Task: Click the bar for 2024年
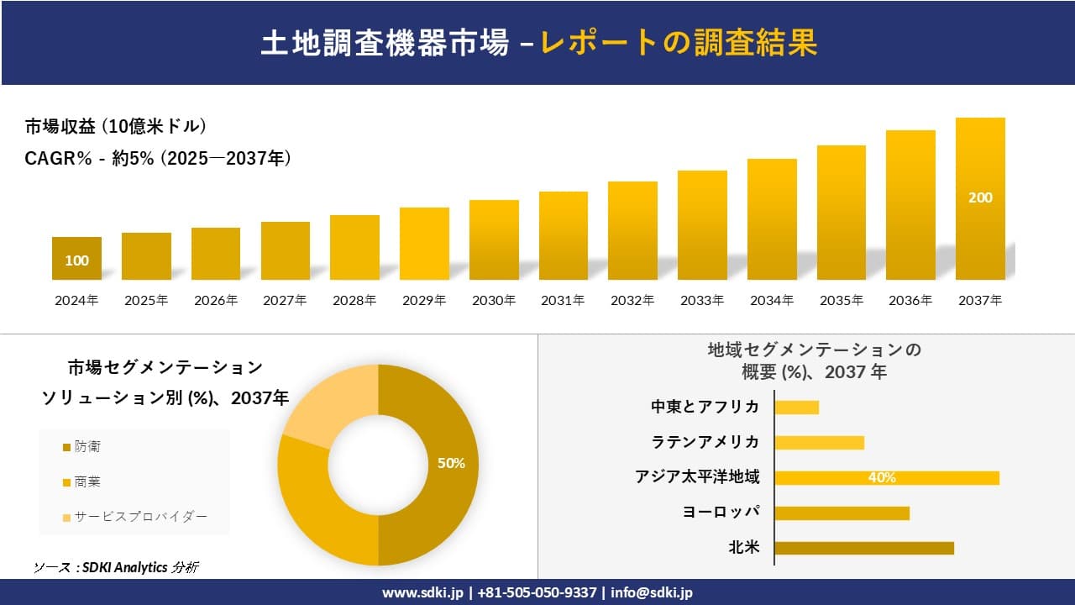click(76, 258)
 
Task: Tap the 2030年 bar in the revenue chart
click(494, 239)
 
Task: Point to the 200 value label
click(980, 197)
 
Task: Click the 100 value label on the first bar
click(76, 260)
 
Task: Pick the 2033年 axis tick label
click(702, 300)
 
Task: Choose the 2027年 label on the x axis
click(285, 300)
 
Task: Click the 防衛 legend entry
click(87, 447)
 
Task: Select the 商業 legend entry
click(87, 481)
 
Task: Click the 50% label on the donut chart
click(451, 463)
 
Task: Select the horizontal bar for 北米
click(863, 548)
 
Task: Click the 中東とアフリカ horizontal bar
click(796, 408)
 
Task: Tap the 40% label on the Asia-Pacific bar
click(882, 477)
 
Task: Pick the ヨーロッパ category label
click(723, 513)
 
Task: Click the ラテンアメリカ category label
click(705, 442)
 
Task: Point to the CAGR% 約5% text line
click(159, 158)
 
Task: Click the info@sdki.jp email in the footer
click(652, 592)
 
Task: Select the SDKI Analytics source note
click(116, 567)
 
